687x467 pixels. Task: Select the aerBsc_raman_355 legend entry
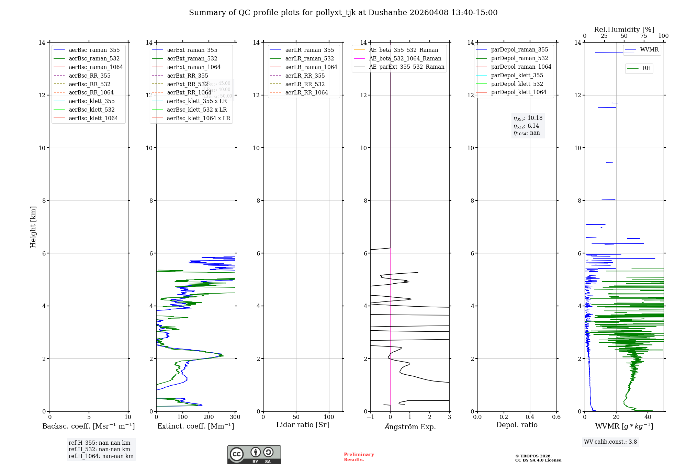coord(94,50)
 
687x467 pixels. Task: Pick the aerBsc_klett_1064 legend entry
coord(93,118)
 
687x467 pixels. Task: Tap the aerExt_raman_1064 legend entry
coord(194,67)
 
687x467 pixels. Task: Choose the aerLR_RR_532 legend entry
coord(305,84)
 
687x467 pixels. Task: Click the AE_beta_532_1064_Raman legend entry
coord(405,59)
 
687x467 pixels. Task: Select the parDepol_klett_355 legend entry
coord(517,76)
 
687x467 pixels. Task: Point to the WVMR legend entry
coord(649,50)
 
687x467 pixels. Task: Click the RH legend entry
coord(646,68)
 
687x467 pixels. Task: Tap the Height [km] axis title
coord(33,227)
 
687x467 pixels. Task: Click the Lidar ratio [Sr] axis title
coord(303,425)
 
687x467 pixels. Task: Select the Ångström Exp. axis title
coord(410,427)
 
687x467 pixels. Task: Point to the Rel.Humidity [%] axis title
coord(624,30)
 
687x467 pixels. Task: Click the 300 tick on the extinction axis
coord(235,417)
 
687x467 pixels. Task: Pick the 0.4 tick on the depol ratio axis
coord(530,417)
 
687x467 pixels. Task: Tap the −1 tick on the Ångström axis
coord(370,417)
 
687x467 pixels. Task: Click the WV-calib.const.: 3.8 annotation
coord(610,442)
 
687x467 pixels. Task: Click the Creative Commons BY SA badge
coord(254,455)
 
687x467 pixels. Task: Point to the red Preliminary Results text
coord(359,457)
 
